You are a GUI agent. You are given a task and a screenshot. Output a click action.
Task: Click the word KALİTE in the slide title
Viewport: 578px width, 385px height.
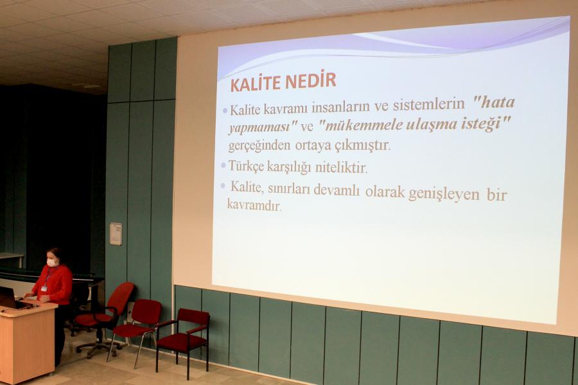pyautogui.click(x=255, y=84)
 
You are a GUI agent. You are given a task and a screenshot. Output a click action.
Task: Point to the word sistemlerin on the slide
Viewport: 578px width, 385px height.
pyautogui.click(x=429, y=105)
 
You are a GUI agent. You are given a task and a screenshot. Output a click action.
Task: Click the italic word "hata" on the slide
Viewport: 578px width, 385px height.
pyautogui.click(x=494, y=102)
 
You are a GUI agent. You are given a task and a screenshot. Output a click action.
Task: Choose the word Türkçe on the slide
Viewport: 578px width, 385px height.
pyautogui.click(x=246, y=166)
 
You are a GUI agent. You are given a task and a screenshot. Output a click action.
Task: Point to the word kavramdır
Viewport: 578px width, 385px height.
pyautogui.click(x=254, y=204)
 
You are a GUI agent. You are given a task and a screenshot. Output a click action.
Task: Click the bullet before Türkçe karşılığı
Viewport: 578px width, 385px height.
pyautogui.click(x=223, y=166)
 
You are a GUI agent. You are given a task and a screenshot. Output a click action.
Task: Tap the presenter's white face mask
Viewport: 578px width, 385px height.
pyautogui.click(x=52, y=262)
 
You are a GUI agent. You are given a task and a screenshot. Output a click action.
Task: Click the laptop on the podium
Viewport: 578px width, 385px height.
pyautogui.click(x=10, y=298)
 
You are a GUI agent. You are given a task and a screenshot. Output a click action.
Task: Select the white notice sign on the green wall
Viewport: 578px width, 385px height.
pyautogui.click(x=116, y=234)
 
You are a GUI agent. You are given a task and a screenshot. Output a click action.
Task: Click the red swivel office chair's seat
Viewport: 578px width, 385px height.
pyautogui.click(x=94, y=318)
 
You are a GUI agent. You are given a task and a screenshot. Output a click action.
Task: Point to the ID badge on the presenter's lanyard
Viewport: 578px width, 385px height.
pyautogui.click(x=44, y=289)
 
